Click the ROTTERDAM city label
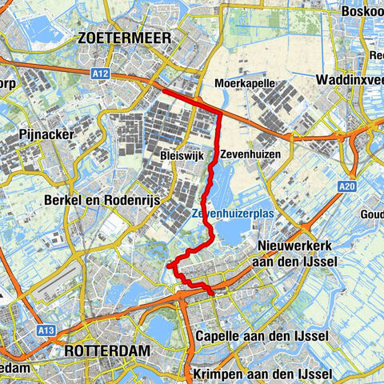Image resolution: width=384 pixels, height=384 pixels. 103,351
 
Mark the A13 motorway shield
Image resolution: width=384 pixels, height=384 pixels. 47,328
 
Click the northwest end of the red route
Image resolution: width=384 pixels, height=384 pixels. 163,93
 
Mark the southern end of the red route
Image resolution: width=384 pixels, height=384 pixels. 212,294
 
